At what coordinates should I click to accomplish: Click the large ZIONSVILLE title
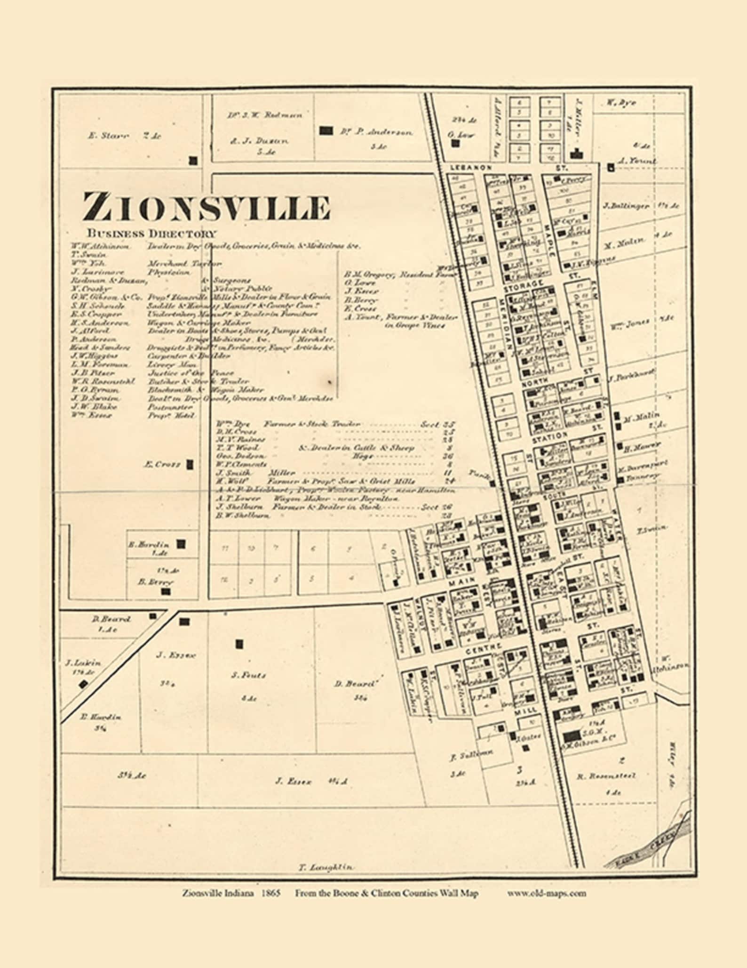[x=206, y=207]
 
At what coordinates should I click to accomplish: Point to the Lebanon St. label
[x=470, y=167]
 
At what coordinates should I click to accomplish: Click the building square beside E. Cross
[x=190, y=465]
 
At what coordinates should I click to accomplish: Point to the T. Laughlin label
[x=326, y=867]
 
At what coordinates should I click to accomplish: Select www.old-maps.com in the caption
[x=547, y=893]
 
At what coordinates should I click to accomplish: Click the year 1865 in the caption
[x=271, y=893]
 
